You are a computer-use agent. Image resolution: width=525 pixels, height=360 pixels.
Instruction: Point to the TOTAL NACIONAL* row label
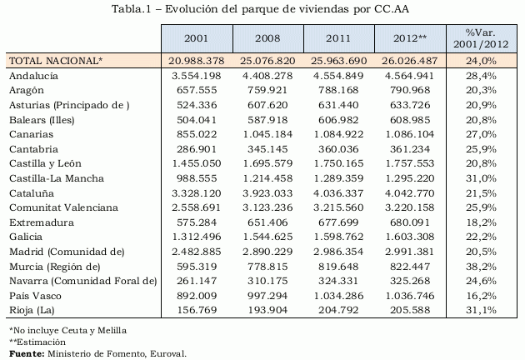pyautogui.click(x=55, y=61)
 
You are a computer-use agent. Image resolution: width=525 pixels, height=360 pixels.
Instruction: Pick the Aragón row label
pyautogui.click(x=27, y=90)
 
